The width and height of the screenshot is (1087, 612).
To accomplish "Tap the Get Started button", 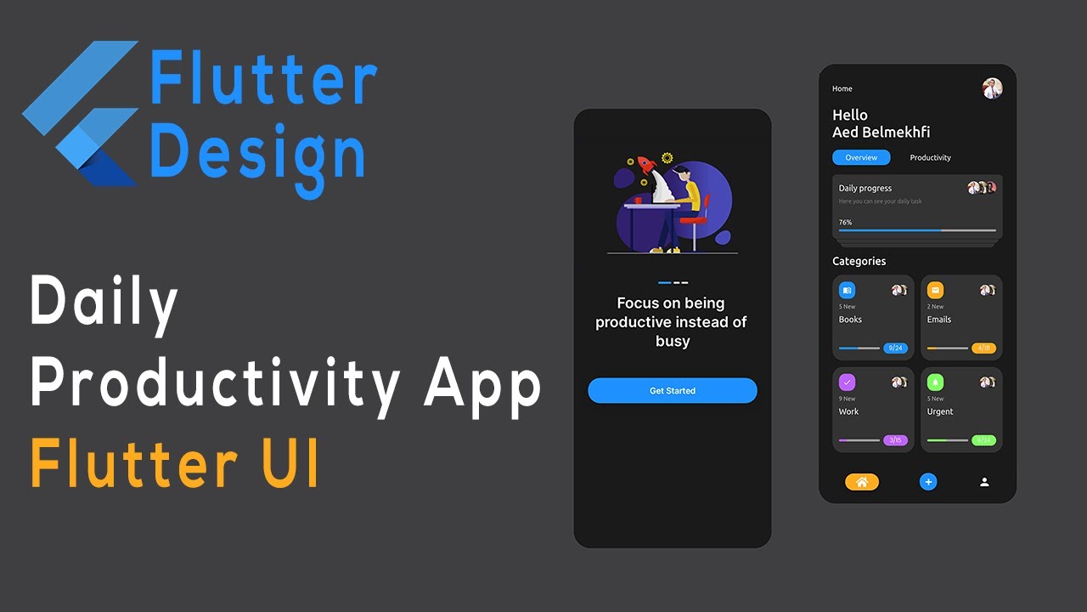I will [672, 391].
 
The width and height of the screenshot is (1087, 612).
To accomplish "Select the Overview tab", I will [861, 157].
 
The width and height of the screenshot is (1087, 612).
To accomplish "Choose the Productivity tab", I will [930, 157].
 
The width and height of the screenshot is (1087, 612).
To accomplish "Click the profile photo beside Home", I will [992, 88].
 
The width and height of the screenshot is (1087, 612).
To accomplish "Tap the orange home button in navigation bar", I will [861, 482].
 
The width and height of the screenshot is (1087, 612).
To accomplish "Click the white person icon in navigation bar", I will [984, 482].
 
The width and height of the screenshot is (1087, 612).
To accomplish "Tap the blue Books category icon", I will [847, 290].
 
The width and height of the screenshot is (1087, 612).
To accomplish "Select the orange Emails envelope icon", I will [935, 290].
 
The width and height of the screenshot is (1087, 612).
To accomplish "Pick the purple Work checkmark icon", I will [847, 382].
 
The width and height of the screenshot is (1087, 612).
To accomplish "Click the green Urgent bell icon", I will [935, 382].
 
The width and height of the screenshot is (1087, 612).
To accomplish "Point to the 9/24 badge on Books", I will [895, 348].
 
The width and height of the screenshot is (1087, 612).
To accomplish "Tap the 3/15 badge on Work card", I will [895, 440].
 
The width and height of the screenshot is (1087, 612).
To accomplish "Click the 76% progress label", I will [845, 222].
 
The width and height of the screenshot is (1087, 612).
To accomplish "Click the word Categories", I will [859, 261].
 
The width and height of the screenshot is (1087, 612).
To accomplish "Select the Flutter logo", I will [82, 113].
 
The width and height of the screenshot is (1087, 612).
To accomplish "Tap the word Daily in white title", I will [104, 304].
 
